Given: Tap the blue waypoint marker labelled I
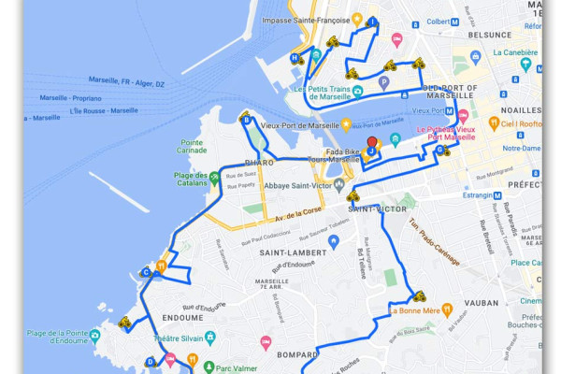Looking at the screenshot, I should tap(373, 22).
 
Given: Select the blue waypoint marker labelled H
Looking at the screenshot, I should tap(295, 58).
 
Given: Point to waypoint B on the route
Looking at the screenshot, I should tap(246, 119).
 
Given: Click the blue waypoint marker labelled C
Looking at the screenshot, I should tap(147, 273).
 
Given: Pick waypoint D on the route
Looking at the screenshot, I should tap(151, 362).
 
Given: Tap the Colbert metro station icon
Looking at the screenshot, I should tap(455, 22).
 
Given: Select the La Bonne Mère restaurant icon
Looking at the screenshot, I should tap(448, 309).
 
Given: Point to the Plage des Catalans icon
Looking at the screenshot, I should tap(214, 177).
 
